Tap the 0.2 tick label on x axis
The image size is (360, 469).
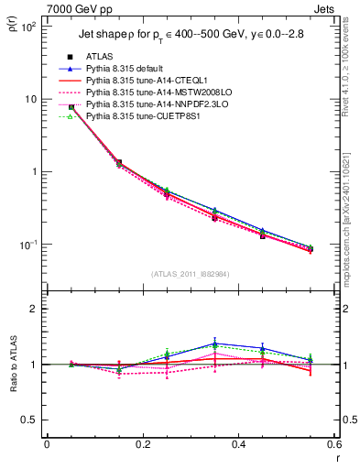[143, 444]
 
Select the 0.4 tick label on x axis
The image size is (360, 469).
[239, 444]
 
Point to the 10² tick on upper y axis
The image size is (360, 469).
[27, 27]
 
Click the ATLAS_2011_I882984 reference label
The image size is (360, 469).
[190, 274]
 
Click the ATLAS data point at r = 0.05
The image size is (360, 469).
[71, 107]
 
